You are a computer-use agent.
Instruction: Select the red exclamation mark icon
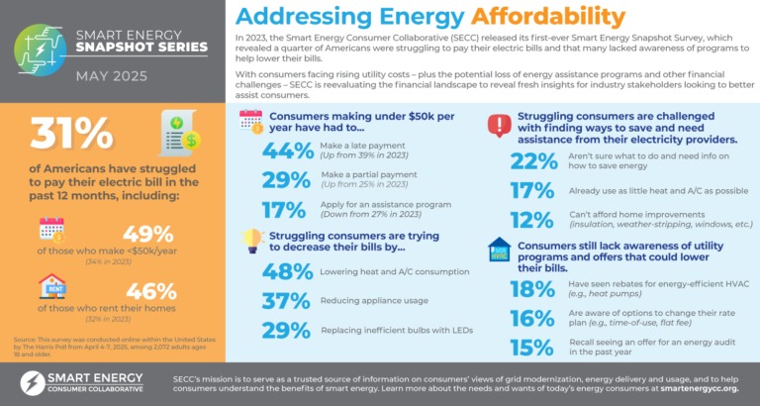[499, 126]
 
